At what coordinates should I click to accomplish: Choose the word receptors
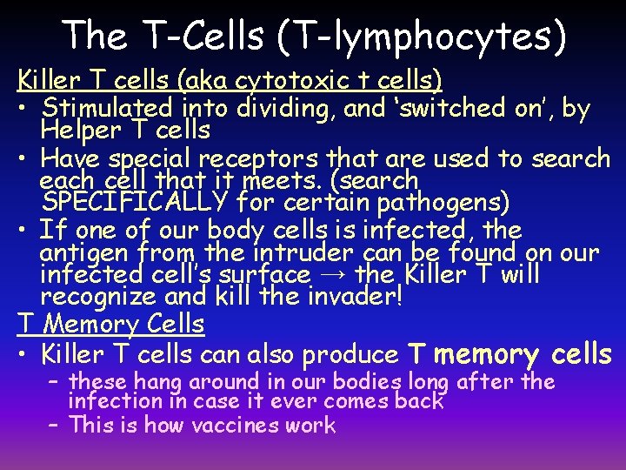258,159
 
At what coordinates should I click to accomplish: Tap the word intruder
283,253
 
